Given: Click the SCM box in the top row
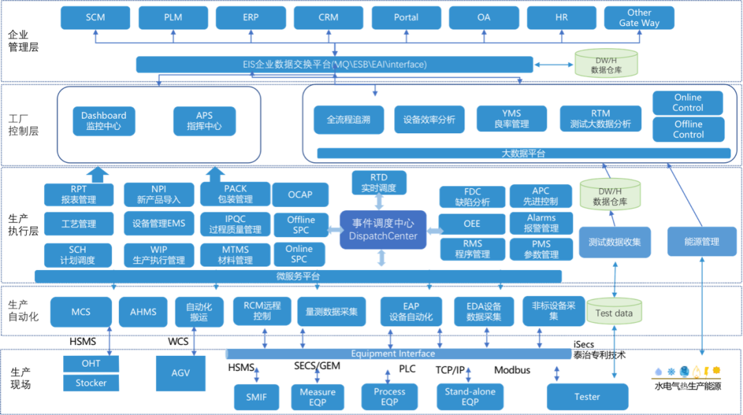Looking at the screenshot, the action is click(95, 17).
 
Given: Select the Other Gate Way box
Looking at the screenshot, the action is click(639, 17).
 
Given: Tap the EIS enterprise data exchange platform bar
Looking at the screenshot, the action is click(334, 65).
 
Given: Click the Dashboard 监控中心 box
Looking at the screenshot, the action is click(104, 121).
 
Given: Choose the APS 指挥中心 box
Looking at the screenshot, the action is click(204, 121).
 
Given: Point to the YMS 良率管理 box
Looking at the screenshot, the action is click(511, 119).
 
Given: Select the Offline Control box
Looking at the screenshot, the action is click(688, 129).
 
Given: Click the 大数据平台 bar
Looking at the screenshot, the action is click(524, 153).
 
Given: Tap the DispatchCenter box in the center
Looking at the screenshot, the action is click(383, 230).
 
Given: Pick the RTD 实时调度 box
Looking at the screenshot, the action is click(379, 183).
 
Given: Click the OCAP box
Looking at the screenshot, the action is click(301, 194).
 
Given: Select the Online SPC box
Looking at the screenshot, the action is click(299, 254).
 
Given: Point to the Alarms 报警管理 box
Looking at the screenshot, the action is click(541, 223).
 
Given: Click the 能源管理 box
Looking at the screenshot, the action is click(702, 242).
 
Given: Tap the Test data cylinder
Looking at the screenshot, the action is click(614, 311).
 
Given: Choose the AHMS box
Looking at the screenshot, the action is click(143, 312).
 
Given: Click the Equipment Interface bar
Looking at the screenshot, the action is click(399, 354).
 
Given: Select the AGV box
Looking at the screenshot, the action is click(180, 373).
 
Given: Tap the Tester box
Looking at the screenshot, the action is click(588, 397).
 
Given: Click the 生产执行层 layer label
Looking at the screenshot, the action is click(23, 225).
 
